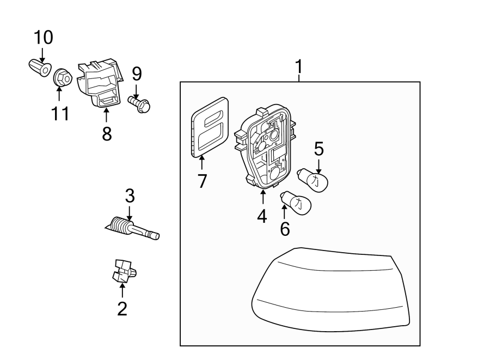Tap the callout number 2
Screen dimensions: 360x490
tap(122, 309)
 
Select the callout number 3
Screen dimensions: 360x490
tap(130, 196)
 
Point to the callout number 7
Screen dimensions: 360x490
tap(203, 180)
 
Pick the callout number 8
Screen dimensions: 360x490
tap(107, 133)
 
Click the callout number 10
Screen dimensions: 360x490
tap(44, 38)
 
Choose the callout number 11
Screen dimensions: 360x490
tap(60, 113)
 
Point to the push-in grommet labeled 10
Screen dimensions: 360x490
tap(39, 68)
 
